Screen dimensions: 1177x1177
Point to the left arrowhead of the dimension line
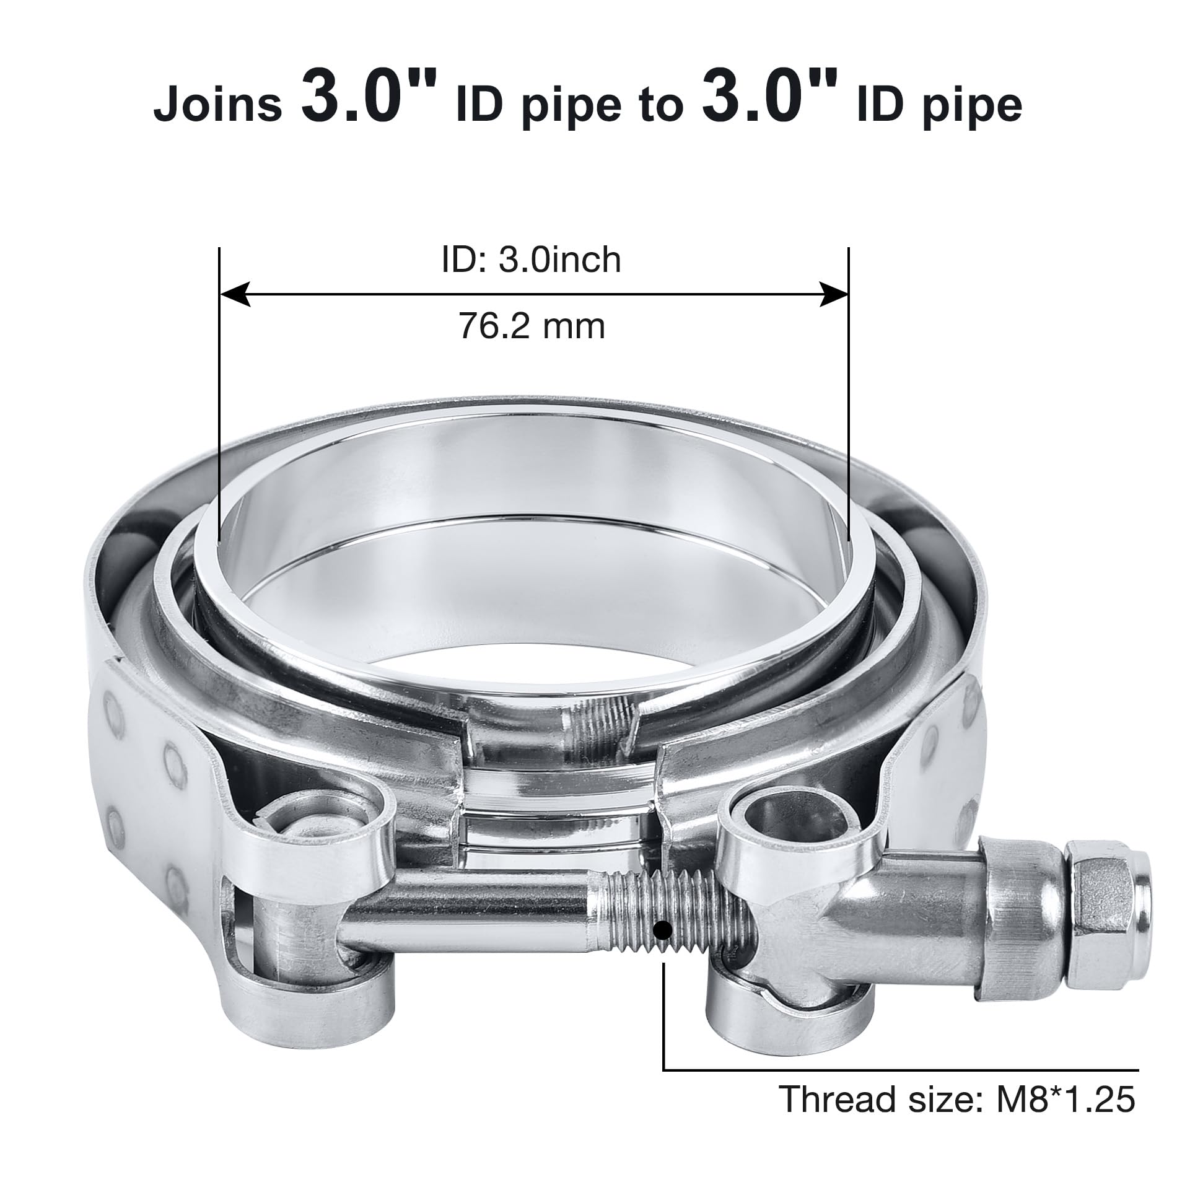(x=235, y=294)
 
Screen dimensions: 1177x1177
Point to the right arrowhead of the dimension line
(x=833, y=294)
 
